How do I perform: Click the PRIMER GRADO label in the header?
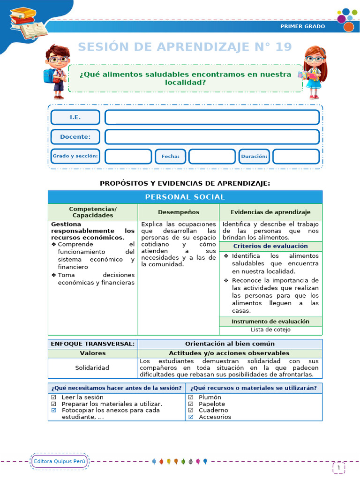[x=302, y=26]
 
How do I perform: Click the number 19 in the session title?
[x=282, y=47]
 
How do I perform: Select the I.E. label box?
[x=75, y=117]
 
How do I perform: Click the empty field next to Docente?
[x=212, y=137]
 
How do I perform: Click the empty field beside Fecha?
[x=212, y=157]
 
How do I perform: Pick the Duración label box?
[x=254, y=157]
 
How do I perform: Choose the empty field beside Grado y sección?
[x=128, y=157]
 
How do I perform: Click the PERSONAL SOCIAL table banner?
[x=185, y=197]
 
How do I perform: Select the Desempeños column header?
[x=178, y=212]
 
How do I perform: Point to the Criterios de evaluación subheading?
[x=270, y=246]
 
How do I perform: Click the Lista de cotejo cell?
[x=270, y=330]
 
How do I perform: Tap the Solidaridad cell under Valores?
[x=92, y=368]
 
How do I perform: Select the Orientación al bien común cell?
[x=230, y=344]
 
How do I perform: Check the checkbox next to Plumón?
[x=191, y=397]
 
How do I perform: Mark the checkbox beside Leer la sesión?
[x=53, y=397]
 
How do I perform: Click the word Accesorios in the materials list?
[x=215, y=417]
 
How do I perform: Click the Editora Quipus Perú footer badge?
[x=60, y=461]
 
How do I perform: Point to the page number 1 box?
[x=338, y=467]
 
